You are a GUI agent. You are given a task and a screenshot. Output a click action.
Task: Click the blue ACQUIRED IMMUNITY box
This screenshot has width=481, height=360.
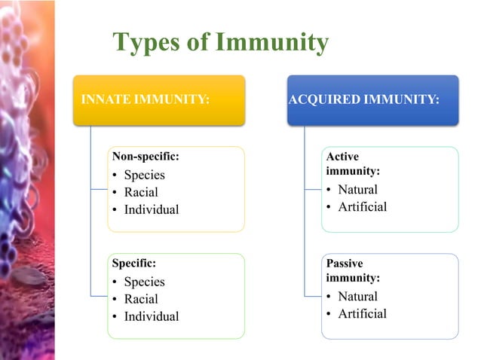click(373, 99)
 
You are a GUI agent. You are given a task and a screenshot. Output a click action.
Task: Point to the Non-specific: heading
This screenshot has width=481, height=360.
click(146, 157)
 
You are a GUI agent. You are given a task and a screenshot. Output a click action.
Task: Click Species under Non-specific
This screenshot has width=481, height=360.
click(144, 175)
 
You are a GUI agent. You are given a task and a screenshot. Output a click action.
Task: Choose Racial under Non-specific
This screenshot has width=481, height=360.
click(141, 192)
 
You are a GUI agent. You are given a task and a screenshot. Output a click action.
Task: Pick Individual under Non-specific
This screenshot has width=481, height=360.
click(152, 209)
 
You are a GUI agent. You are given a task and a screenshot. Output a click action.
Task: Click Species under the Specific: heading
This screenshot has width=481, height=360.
click(144, 282)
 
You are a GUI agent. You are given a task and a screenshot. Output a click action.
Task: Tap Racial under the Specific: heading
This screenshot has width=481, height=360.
click(141, 299)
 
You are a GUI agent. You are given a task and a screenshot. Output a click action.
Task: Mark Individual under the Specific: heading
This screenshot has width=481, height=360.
click(152, 316)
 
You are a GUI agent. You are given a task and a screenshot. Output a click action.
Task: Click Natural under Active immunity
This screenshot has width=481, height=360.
click(357, 189)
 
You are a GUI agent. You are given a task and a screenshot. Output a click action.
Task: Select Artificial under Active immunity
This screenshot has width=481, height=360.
click(362, 206)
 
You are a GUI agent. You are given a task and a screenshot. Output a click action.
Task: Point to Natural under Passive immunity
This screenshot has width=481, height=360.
click(357, 296)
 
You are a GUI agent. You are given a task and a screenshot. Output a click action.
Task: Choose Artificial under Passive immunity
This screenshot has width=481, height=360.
click(362, 313)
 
